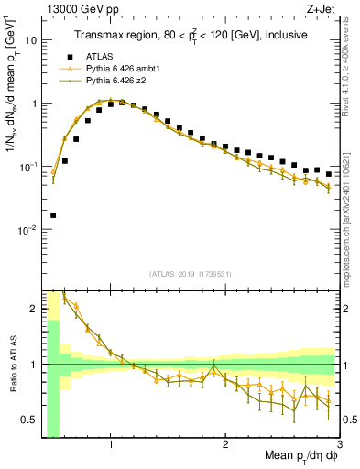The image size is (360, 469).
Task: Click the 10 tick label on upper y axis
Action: coord(31,40)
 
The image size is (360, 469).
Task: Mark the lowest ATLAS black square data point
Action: coord(53,215)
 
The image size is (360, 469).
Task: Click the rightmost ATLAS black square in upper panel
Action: coord(328,174)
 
